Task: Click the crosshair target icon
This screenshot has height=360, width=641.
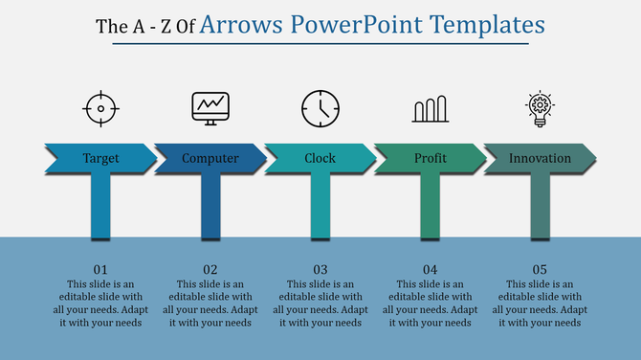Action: click(x=100, y=109)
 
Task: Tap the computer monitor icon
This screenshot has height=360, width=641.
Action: click(x=210, y=108)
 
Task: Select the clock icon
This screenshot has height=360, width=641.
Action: click(x=320, y=108)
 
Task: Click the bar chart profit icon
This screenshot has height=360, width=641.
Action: click(x=431, y=109)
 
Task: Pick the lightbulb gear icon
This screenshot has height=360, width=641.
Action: click(x=541, y=108)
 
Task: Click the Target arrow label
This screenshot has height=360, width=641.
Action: click(x=100, y=158)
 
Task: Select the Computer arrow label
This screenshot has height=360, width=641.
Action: click(x=210, y=158)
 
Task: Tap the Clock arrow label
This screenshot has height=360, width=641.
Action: click(x=320, y=158)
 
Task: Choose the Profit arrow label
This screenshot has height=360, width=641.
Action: click(x=431, y=158)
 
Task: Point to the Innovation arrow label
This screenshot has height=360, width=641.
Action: click(x=541, y=158)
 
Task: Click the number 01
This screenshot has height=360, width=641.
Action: click(x=100, y=269)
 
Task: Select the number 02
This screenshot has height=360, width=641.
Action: click(x=210, y=269)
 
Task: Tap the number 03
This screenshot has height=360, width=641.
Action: click(x=320, y=269)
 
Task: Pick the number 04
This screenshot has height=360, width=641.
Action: click(x=431, y=269)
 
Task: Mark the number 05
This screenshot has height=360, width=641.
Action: click(x=541, y=269)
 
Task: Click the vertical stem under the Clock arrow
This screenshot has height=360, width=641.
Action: click(x=320, y=206)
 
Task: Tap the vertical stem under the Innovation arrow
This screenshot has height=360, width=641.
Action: click(x=541, y=206)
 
